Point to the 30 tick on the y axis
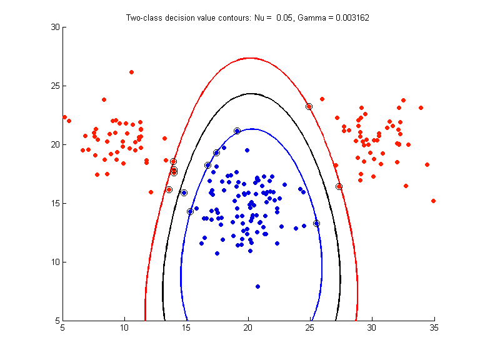click(x=54, y=27)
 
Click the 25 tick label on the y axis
click(x=54, y=86)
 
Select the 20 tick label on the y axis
click(x=54, y=144)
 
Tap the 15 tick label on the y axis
click(x=54, y=203)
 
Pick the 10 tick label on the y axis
click(x=54, y=262)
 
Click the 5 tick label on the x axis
click(x=62, y=327)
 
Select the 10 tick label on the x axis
click(x=124, y=327)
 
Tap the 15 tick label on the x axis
click(x=186, y=327)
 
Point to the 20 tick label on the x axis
click(x=248, y=327)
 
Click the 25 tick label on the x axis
click(x=310, y=327)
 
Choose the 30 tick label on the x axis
click(x=372, y=327)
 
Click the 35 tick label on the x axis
click(x=434, y=327)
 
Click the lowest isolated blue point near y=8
click(x=257, y=286)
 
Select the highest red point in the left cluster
click(x=131, y=72)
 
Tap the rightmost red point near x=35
click(x=433, y=201)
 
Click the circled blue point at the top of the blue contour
click(x=237, y=131)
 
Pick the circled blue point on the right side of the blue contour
click(x=316, y=223)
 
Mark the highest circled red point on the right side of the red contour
click(x=309, y=106)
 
